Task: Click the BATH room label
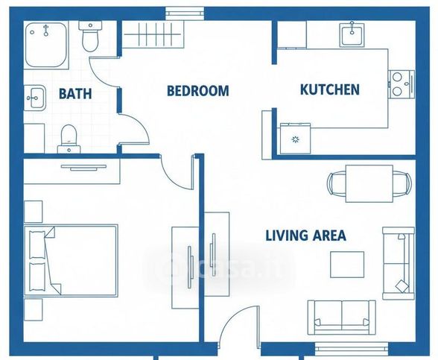point(75,93)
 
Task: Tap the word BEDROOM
point(198,91)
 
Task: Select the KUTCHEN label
point(329,89)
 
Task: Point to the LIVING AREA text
point(305,236)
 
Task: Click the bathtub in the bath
point(46,45)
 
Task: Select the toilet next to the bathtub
point(90,37)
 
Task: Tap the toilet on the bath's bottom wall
point(69,139)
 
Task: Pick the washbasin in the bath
point(34,98)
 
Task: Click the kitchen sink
point(352,35)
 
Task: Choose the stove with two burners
point(401,84)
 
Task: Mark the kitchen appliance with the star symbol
point(295,139)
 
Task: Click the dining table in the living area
point(369,183)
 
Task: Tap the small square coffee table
point(347,265)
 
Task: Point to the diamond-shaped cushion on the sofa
point(402,286)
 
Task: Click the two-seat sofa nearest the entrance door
point(341,318)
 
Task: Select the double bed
point(71,261)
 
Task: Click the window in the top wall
point(185,13)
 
